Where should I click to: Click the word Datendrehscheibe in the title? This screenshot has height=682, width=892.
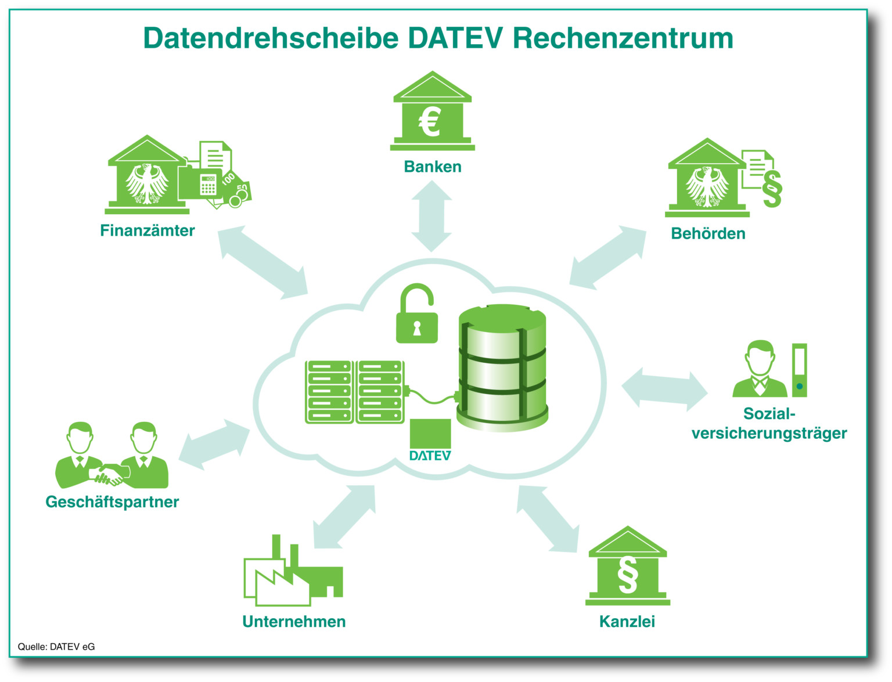pos(271,38)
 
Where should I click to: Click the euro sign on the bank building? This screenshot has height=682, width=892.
pos(430,122)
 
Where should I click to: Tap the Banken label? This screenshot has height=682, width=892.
pos(433,167)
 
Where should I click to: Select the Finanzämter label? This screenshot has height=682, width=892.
pos(148,230)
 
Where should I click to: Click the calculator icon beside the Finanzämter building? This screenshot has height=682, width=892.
pos(208,184)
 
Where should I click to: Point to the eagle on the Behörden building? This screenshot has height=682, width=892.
pos(707,187)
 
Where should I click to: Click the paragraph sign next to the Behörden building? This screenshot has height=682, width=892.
pos(772,189)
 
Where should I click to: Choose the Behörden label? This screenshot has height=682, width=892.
pos(708,233)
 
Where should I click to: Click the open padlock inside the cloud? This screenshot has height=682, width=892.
pos(417,315)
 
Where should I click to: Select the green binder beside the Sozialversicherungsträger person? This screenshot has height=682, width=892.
pos(799,370)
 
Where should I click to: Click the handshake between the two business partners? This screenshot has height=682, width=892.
pos(110,474)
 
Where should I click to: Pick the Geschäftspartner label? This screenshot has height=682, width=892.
pos(112,501)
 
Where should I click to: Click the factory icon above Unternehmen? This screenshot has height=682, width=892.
pos(293,574)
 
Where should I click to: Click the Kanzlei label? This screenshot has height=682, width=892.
pos(627,622)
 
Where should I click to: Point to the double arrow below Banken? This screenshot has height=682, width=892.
pos(431,216)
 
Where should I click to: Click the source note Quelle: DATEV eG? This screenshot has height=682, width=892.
pos(56,647)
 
